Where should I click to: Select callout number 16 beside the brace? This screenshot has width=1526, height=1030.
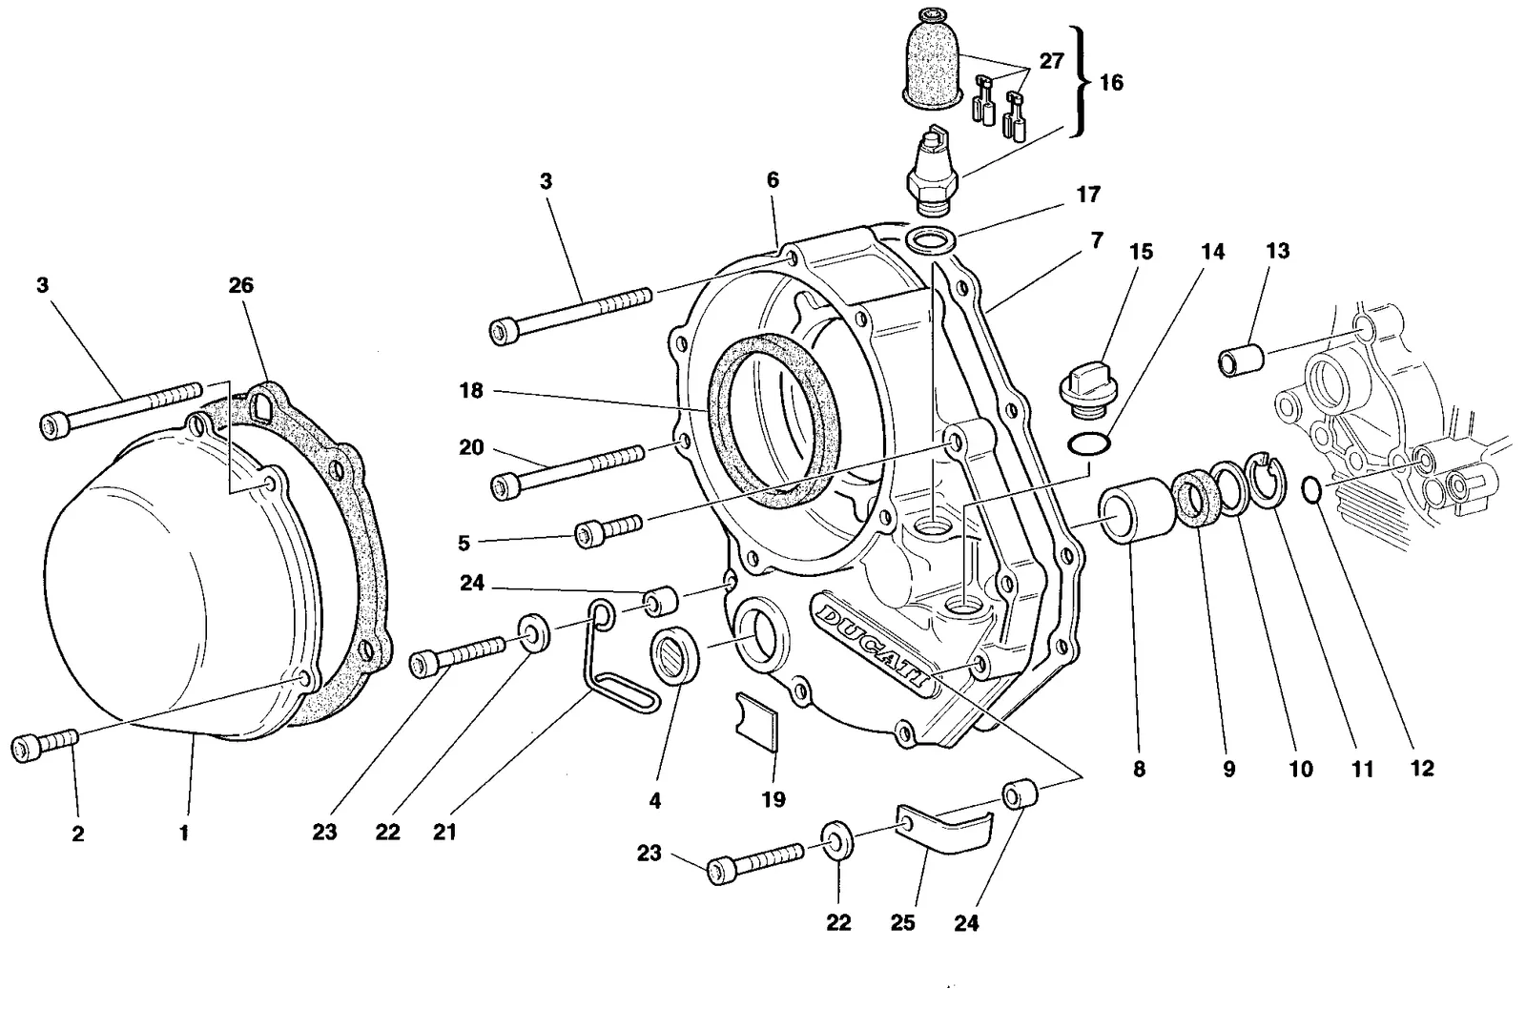[1111, 82]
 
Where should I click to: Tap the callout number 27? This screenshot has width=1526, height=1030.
[1051, 61]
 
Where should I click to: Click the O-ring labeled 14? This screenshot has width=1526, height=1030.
[1089, 443]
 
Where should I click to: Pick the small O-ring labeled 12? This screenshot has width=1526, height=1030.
[1312, 490]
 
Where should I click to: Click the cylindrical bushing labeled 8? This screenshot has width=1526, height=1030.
[1137, 511]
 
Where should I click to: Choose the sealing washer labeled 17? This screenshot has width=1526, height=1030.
[931, 240]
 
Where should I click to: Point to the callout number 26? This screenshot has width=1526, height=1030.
[240, 285]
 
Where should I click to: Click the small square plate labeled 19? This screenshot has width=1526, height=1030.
[757, 722]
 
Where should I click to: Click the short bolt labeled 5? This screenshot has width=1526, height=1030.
[608, 531]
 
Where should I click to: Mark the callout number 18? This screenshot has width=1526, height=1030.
[471, 390]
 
